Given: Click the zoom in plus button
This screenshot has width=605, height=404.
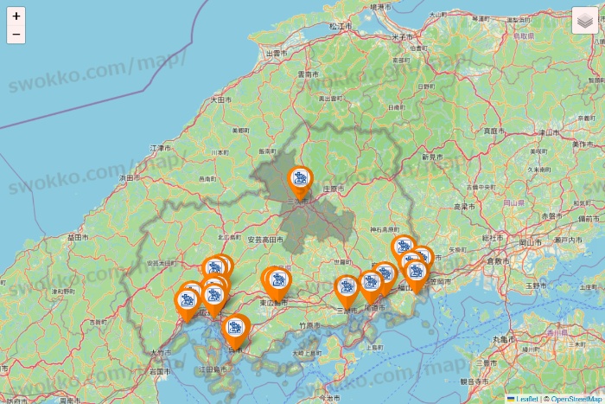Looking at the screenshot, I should (16, 16).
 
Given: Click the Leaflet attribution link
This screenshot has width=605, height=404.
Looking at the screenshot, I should (525, 399).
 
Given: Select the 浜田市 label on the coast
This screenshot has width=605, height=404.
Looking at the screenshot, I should (128, 178).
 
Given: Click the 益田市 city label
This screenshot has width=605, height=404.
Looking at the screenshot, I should (77, 235).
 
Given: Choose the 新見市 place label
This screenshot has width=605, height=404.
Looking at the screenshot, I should (432, 157).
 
